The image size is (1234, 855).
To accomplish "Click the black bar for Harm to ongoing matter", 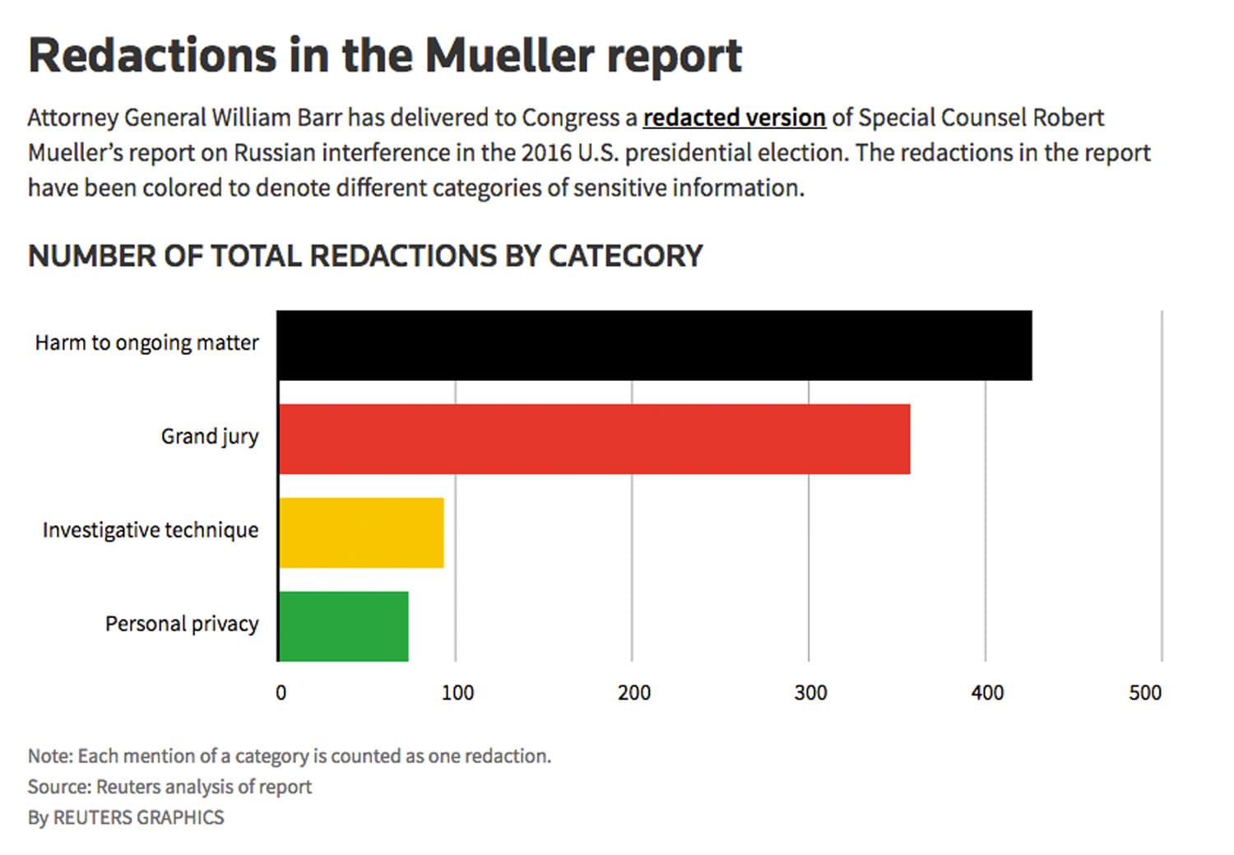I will point(655,346).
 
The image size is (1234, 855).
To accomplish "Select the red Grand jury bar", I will point(594,439).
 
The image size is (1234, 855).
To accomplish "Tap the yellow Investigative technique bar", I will point(361,532).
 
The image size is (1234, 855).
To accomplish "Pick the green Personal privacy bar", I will point(343,626).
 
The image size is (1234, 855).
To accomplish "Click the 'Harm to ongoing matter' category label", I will point(146,343).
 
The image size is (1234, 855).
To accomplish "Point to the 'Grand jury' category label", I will point(209,436).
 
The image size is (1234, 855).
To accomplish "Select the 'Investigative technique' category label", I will point(150,530).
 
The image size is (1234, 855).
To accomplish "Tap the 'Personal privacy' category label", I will point(181,624).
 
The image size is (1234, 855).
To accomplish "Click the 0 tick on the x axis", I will point(281,693).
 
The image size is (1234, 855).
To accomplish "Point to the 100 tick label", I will point(457,693).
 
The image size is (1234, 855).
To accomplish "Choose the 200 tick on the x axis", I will point(633,693).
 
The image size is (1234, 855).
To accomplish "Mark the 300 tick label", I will point(810,693).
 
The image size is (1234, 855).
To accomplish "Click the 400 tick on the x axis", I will point(987,693).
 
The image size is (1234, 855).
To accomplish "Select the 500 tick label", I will point(1144,693).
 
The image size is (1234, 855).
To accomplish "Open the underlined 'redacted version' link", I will point(734,118).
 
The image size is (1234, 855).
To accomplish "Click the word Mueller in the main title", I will point(509,56).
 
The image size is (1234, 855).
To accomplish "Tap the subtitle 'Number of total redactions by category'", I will point(365,256).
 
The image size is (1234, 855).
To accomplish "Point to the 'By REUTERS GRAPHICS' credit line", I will point(126,818).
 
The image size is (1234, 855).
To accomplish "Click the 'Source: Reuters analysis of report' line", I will point(169,787).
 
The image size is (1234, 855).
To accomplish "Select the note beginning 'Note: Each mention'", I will point(289,756).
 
